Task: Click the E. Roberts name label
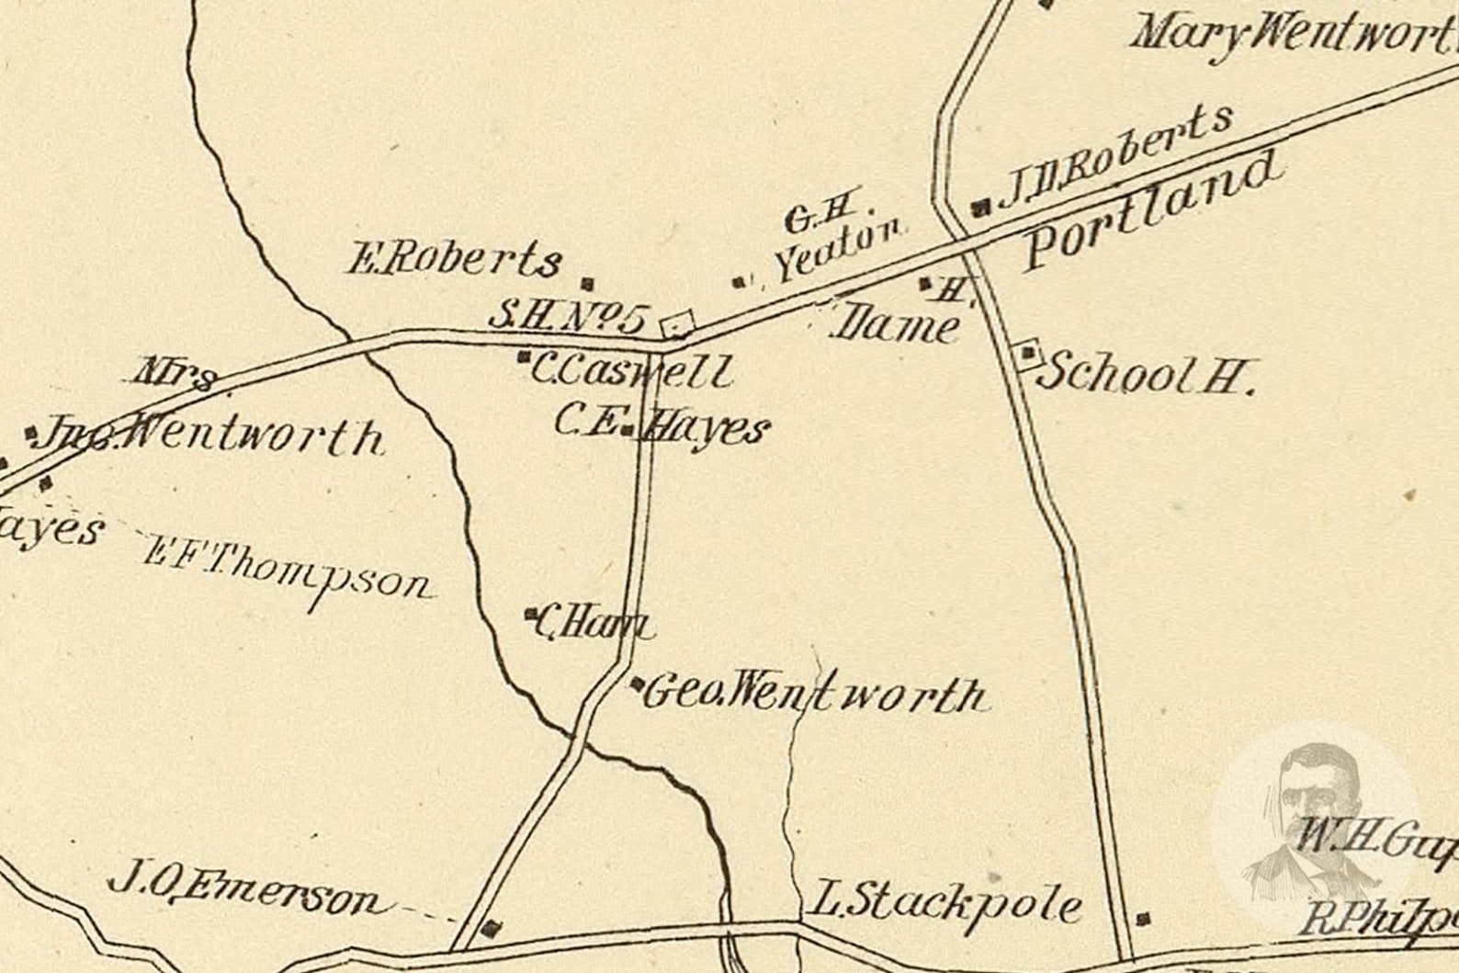pos(454,260)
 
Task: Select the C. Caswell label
pos(632,371)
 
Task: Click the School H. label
pos(1148,373)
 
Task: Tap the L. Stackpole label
pos(944,904)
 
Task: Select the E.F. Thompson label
pos(287,568)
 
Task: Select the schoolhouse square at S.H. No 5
pos(678,323)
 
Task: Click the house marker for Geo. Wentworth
pos(638,684)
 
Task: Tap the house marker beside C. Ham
pos(530,613)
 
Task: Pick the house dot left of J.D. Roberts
pos(980,207)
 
